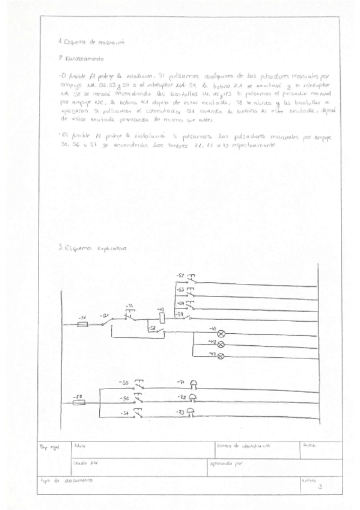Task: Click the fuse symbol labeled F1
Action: (x=83, y=324)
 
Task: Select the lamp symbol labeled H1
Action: (x=220, y=333)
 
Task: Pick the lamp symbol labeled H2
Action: (x=220, y=344)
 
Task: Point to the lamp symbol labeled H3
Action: (x=220, y=356)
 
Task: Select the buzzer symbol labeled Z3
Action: (x=191, y=413)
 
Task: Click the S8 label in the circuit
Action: (x=153, y=328)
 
